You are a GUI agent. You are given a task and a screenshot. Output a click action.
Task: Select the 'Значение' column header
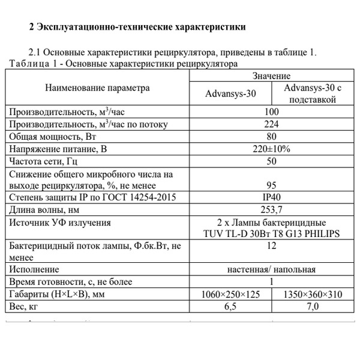click(x=271, y=76)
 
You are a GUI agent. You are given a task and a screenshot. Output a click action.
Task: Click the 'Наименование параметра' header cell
click(x=97, y=88)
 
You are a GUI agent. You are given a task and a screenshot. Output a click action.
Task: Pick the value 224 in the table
click(x=271, y=125)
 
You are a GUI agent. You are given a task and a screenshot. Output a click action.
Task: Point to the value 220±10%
click(x=271, y=149)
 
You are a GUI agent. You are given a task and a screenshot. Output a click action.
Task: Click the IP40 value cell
click(x=271, y=197)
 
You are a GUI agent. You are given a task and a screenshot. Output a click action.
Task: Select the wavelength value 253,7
click(x=271, y=209)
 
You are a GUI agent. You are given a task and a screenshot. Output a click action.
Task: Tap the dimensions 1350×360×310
click(x=313, y=294)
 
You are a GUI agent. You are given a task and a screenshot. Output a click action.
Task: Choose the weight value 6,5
click(x=230, y=306)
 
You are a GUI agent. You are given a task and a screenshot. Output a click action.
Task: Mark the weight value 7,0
click(x=313, y=306)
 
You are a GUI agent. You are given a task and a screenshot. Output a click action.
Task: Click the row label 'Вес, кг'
click(x=26, y=306)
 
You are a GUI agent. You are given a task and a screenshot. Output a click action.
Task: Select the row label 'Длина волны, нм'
click(x=44, y=209)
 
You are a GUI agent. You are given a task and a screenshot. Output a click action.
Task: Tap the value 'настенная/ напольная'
click(x=271, y=269)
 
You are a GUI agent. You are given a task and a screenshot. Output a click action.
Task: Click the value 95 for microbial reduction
click(x=271, y=185)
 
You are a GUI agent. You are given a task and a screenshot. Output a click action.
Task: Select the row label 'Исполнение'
click(x=34, y=269)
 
